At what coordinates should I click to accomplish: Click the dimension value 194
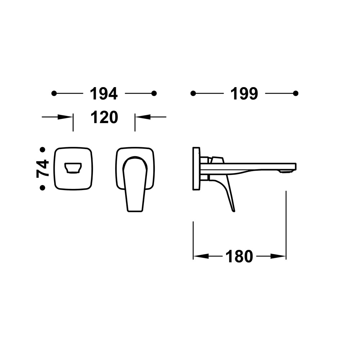(x=104, y=94)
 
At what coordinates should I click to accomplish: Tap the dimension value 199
(x=244, y=94)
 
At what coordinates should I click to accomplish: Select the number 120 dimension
(x=104, y=117)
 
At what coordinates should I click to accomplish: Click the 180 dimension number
(x=239, y=256)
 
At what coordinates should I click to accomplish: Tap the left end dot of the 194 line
(x=54, y=94)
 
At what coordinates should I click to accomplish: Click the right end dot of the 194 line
(x=154, y=94)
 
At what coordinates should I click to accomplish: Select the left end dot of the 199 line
(x=193, y=94)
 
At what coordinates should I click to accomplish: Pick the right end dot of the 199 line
(x=296, y=94)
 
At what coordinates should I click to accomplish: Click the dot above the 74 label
(x=42, y=150)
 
